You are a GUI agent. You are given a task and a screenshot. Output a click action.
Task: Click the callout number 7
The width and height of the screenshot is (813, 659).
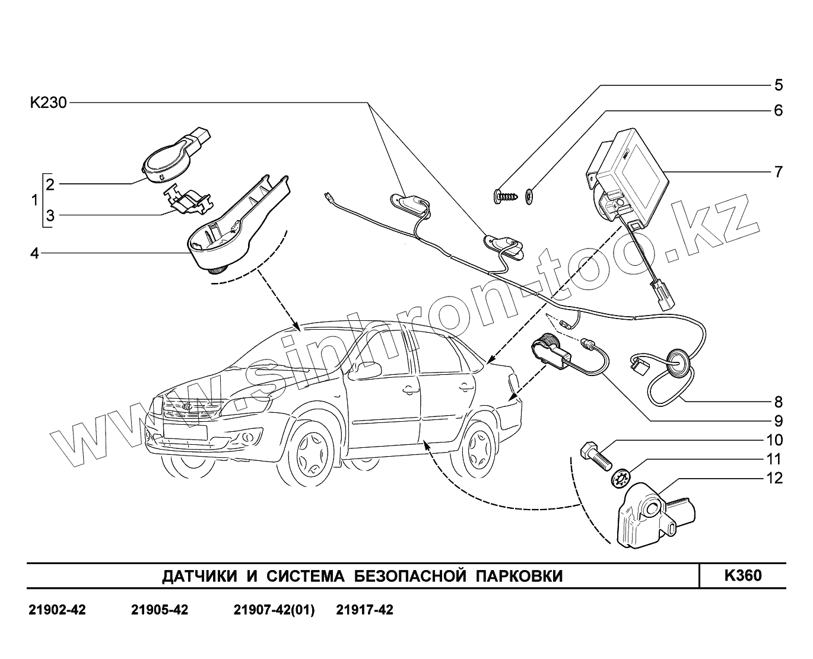(x=778, y=172)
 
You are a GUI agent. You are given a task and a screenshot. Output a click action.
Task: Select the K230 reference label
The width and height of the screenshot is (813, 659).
(x=49, y=103)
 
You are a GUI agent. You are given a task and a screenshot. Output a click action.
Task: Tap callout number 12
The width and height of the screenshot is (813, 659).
(x=775, y=478)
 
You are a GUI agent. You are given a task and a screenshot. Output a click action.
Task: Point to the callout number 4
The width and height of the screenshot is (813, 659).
(x=34, y=253)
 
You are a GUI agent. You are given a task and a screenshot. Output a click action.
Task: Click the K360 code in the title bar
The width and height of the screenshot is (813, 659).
(x=742, y=576)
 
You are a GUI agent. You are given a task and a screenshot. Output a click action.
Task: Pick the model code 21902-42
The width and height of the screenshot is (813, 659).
(x=57, y=610)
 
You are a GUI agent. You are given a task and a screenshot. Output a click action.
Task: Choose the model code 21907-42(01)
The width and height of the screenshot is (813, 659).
(x=274, y=610)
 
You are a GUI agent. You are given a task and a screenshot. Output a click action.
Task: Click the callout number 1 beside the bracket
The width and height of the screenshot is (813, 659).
(x=33, y=200)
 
